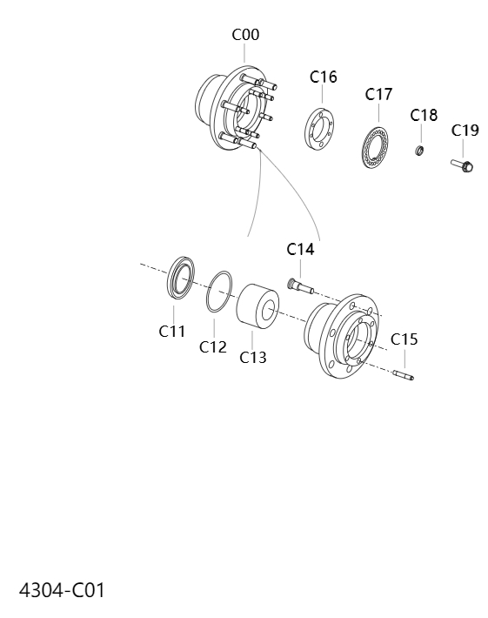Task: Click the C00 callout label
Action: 244,35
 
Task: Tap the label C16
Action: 323,77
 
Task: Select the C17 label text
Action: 379,94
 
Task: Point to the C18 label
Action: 424,116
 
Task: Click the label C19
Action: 465,131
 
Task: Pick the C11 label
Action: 172,331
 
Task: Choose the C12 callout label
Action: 212,347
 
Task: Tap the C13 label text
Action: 252,357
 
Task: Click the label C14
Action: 300,250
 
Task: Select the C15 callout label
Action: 404,339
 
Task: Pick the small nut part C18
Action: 419,152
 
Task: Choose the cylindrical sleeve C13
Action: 255,307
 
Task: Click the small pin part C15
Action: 404,375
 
